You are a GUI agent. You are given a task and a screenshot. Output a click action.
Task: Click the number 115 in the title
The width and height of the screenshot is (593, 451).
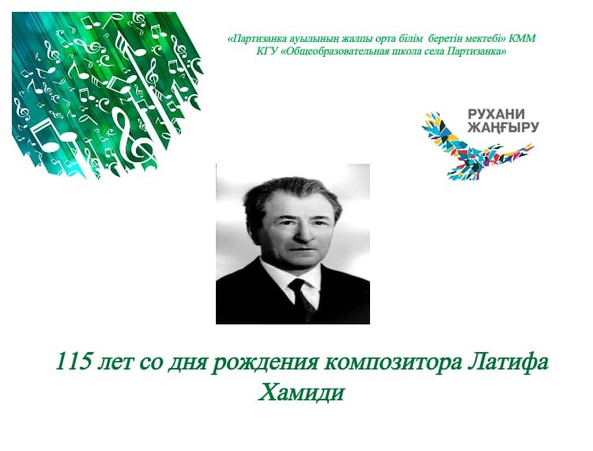click(74, 362)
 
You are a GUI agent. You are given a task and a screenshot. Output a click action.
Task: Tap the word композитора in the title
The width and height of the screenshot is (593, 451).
click(393, 363)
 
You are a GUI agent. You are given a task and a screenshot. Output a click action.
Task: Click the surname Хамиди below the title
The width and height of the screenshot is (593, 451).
click(301, 392)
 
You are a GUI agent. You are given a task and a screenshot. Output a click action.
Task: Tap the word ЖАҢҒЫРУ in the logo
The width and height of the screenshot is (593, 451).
click(503, 128)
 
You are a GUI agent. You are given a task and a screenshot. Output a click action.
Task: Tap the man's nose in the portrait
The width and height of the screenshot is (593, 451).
click(302, 233)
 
